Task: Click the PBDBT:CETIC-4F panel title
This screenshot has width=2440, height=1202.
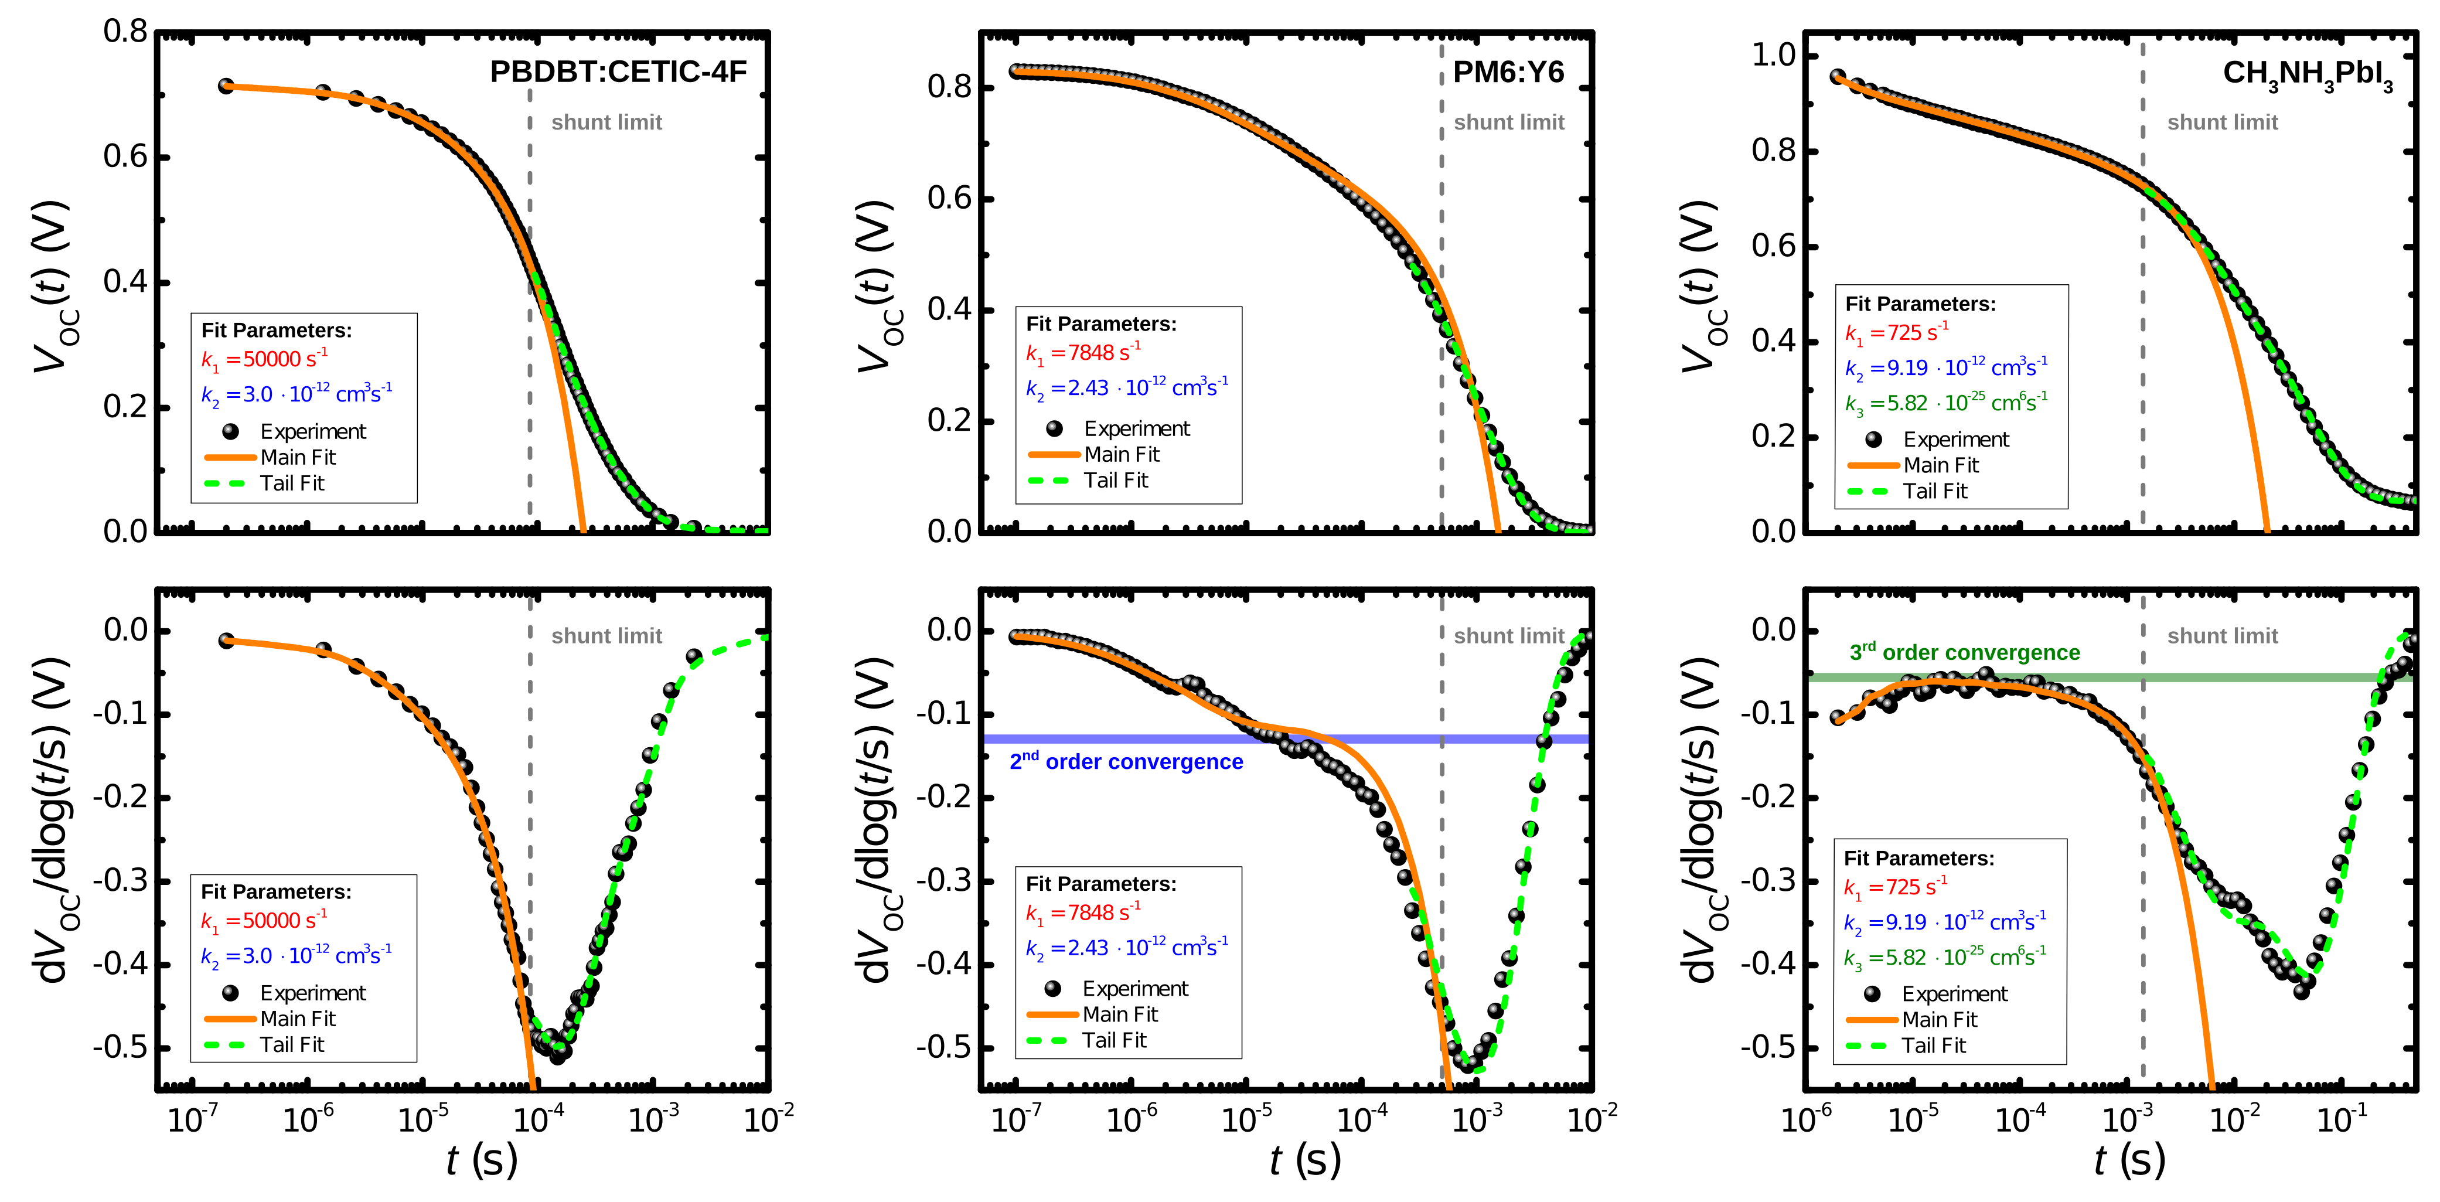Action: (x=618, y=72)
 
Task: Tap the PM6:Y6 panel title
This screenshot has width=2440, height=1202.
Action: (x=1508, y=72)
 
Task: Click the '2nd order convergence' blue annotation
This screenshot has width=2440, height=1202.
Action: (x=1126, y=761)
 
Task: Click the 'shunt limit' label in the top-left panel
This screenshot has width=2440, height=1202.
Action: (x=606, y=122)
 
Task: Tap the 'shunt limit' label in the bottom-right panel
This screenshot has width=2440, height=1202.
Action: (x=2222, y=635)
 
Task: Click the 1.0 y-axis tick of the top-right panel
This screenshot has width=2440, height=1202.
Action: (x=1773, y=55)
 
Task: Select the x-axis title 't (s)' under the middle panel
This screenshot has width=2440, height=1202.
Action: (x=1305, y=1160)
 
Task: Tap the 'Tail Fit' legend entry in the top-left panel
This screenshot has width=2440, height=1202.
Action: (x=292, y=483)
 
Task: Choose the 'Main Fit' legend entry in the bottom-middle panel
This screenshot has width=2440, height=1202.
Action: (x=1120, y=1014)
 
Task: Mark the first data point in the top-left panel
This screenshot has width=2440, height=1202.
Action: (x=226, y=86)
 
